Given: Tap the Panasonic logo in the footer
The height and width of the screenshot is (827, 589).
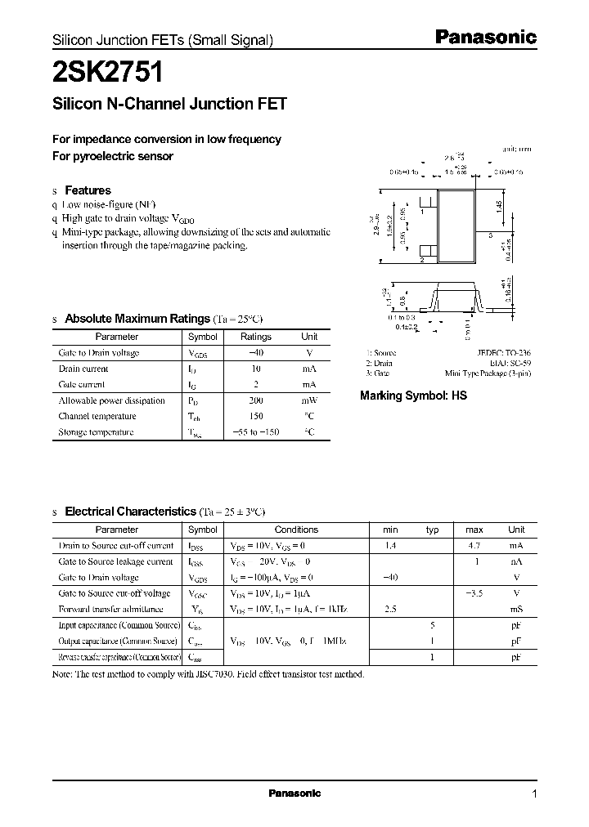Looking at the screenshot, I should (294, 793).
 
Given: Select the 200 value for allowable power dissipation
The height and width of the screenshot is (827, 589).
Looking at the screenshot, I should (255, 400).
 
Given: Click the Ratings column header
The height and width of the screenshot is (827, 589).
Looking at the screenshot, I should (256, 337).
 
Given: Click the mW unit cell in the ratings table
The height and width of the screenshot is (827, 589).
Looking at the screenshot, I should (308, 400).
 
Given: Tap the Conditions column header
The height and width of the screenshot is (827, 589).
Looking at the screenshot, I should (296, 530).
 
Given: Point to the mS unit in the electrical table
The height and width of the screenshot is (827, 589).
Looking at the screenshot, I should (516, 610).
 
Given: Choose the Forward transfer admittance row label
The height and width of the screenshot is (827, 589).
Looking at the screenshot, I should (111, 610).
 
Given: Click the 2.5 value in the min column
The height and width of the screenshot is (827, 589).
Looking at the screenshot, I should (391, 610).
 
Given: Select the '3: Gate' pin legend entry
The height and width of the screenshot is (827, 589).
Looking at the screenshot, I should (377, 373).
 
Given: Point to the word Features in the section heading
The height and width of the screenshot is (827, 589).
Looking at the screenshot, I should (88, 190).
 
